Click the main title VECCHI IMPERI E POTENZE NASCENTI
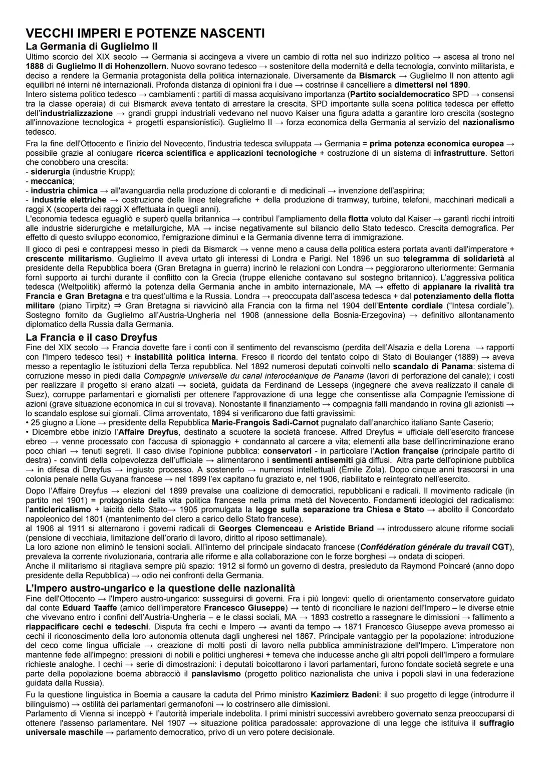click(145, 34)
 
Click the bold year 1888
click(34, 66)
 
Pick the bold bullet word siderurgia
click(50, 171)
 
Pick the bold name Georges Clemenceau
click(261, 528)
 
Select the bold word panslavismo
click(216, 674)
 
